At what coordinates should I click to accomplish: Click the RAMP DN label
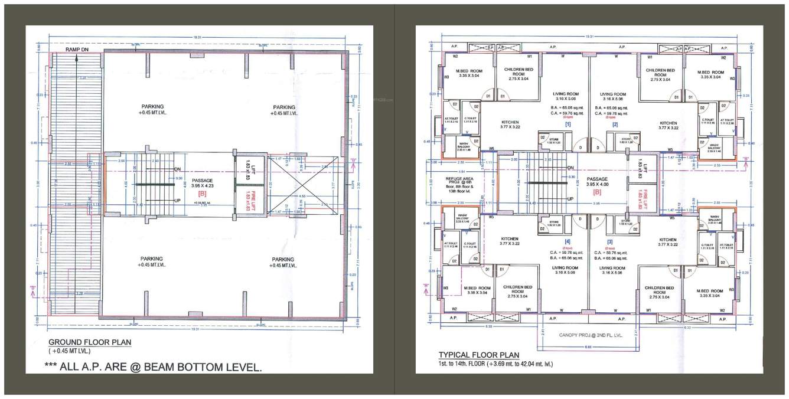click(77, 50)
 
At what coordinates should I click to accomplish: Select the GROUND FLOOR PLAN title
click(90, 342)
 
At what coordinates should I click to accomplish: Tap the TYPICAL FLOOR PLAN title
click(478, 355)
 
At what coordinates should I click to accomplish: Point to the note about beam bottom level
click(153, 367)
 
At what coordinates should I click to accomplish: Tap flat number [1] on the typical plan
click(568, 125)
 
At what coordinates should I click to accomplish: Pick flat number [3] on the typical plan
click(611, 241)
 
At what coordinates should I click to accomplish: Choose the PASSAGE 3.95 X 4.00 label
click(597, 182)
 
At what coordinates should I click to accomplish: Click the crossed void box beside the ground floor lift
click(303, 184)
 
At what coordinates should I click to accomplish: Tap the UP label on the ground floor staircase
click(177, 201)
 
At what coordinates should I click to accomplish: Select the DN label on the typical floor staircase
click(570, 168)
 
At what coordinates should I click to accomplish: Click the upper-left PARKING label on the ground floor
click(152, 110)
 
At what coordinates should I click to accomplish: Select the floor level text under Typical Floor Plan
click(495, 364)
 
